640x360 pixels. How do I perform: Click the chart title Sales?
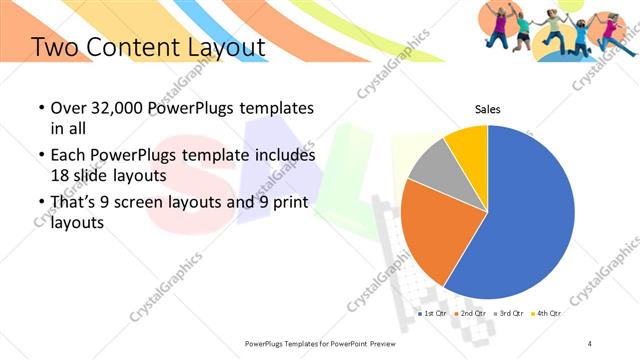click(x=487, y=110)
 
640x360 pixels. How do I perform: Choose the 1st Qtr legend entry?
click(x=433, y=313)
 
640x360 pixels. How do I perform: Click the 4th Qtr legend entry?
click(x=548, y=313)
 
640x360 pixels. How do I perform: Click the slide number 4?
click(x=590, y=343)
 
